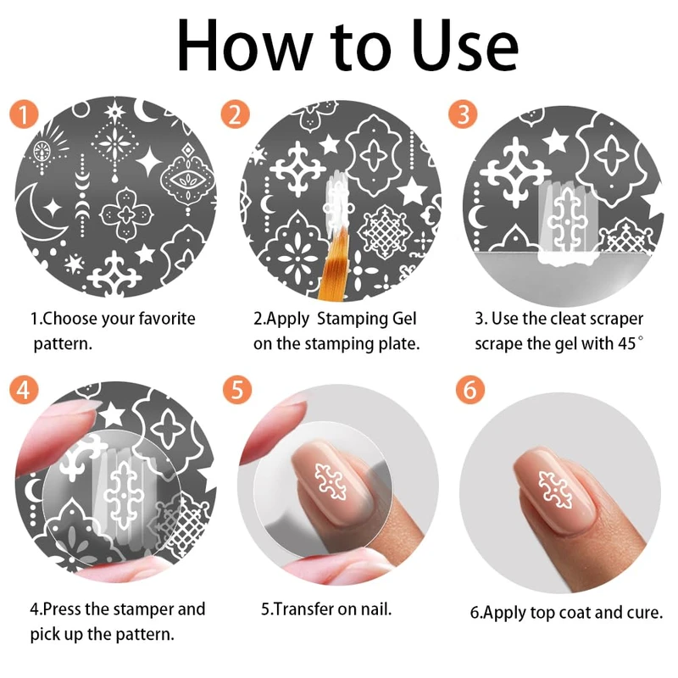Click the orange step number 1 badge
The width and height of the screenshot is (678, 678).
coord(24,114)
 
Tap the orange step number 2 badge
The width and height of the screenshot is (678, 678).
coord(235,114)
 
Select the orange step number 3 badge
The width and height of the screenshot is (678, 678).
coord(463,114)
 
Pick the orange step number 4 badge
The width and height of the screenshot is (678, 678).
coord(24,389)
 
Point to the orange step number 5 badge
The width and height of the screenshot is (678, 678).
coord(237,389)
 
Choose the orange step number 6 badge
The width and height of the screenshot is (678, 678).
coord(470,389)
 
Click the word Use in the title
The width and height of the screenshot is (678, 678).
coord(464,47)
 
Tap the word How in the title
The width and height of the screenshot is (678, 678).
coord(244,47)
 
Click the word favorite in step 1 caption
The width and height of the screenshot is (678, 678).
coord(165,319)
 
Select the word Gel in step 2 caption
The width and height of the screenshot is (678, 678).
coord(404,319)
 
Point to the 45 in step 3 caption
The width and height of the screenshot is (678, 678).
coord(627,343)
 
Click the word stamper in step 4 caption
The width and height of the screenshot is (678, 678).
coord(137,609)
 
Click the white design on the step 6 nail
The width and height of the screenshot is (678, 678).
coord(555,490)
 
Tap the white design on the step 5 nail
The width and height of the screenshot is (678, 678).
coord(331,481)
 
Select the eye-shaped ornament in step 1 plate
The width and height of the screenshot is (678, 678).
coord(187,178)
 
